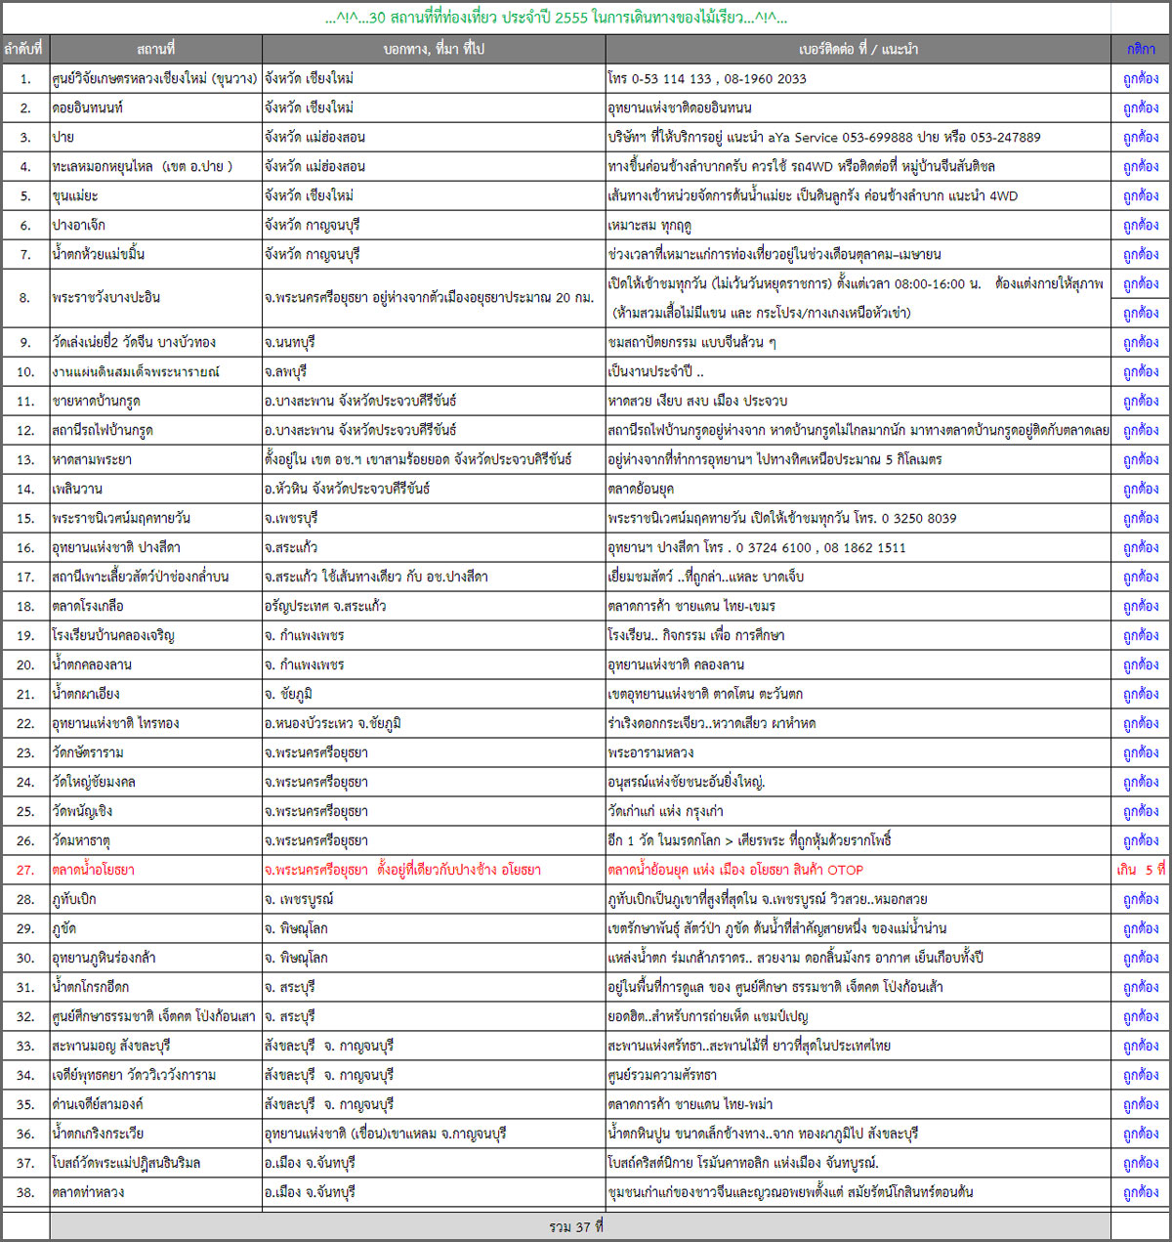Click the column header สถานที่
(156, 49)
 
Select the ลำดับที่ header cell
(24, 49)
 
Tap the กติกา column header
(1141, 49)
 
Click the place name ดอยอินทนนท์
(88, 107)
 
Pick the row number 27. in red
(25, 870)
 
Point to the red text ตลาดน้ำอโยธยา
(94, 870)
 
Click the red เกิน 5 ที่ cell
(1141, 870)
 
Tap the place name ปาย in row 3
(63, 137)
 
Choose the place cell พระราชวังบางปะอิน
(106, 297)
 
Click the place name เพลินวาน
(77, 489)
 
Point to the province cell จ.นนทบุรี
(290, 342)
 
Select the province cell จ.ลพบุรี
(286, 371)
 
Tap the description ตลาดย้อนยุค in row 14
(641, 489)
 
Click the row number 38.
(25, 1192)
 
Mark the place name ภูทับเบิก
(74, 899)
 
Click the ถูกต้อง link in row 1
(1141, 78)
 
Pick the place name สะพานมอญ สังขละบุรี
(111, 1046)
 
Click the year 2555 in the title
(571, 18)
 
